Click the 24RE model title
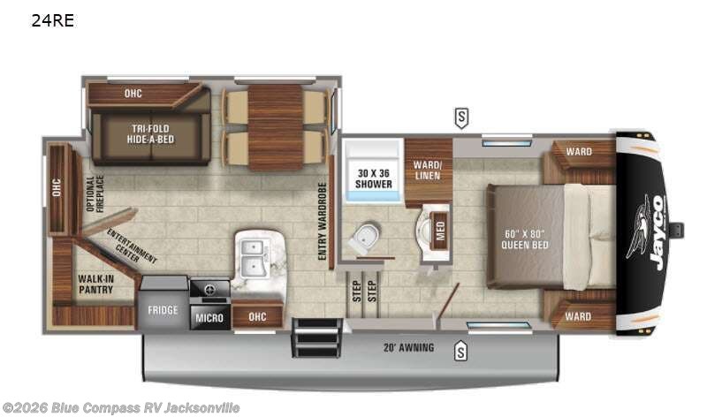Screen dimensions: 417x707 coord(52,21)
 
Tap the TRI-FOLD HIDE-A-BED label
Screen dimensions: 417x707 coord(151,133)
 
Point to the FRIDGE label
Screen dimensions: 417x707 coord(163,310)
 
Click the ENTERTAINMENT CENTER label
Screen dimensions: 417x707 coord(133,246)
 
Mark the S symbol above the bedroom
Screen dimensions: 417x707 coord(461,116)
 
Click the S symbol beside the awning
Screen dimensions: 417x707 coord(460,352)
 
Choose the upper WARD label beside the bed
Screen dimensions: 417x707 coord(579,151)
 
